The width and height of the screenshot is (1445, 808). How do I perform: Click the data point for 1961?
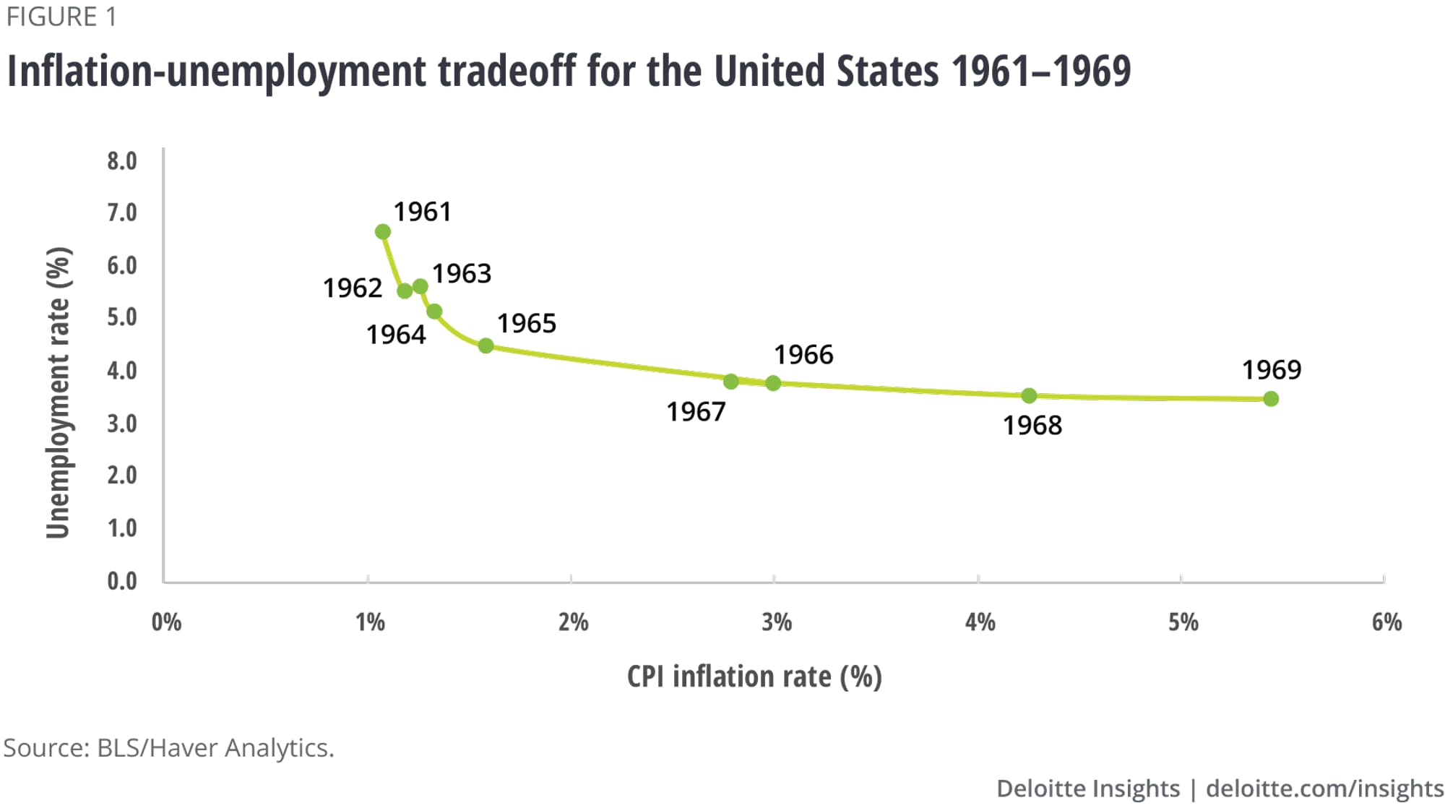click(x=383, y=232)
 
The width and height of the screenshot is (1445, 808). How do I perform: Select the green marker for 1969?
click(x=1271, y=399)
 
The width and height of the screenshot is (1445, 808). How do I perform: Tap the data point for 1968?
click(x=1029, y=395)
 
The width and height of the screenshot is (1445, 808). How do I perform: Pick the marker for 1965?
click(x=486, y=345)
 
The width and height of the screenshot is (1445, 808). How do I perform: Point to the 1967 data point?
click(x=730, y=381)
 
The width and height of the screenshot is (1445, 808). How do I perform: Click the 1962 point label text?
click(x=352, y=288)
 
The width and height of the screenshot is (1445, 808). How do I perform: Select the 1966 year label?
click(x=803, y=355)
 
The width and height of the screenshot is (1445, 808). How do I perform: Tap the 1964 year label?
click(x=396, y=335)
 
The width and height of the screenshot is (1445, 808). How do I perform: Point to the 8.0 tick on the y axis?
click(x=121, y=161)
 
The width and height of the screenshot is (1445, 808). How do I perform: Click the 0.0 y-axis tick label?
click(x=121, y=581)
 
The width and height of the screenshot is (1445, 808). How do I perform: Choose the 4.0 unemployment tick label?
click(x=121, y=371)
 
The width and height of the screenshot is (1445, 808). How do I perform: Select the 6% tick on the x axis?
click(x=1386, y=622)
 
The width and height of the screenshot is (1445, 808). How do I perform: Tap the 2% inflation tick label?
click(x=573, y=622)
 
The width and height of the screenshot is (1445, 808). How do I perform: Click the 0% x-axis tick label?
click(x=166, y=622)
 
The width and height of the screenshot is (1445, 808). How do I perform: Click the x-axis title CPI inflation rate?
click(x=754, y=676)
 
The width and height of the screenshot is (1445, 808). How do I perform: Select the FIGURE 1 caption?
click(x=61, y=17)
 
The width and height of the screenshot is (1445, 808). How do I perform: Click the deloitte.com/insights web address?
click(x=1325, y=788)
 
